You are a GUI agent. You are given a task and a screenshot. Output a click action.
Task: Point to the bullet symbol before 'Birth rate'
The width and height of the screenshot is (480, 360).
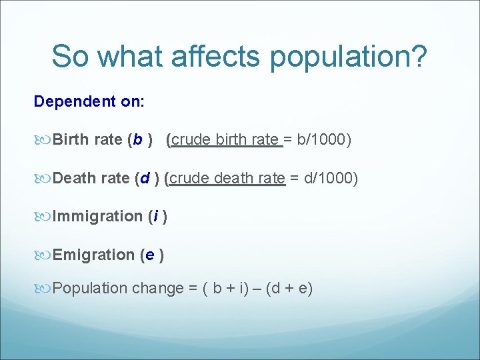44,140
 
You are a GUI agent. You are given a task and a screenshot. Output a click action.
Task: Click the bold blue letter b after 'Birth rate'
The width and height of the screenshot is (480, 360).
137,140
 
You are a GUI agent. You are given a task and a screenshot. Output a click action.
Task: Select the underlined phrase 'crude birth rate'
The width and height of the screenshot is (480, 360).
224,140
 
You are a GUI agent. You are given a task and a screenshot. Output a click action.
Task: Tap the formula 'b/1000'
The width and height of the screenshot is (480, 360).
322,140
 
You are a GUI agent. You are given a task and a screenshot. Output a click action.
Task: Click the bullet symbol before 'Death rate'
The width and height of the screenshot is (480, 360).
44,178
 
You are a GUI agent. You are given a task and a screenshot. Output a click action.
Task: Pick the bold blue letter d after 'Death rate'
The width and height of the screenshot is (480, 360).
145,178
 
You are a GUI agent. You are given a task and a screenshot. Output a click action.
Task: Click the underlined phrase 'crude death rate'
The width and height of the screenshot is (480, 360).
228,178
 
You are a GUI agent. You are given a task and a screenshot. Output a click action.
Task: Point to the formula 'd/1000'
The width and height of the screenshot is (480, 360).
329,178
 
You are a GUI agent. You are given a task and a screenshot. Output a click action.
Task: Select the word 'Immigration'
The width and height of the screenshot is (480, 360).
97,216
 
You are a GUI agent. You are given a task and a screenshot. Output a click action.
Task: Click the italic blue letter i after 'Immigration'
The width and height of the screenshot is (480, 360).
156,216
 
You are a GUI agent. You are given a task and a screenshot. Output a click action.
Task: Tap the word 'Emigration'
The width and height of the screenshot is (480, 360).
93,255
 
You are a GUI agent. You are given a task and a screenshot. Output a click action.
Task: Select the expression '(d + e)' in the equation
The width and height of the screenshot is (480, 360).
289,289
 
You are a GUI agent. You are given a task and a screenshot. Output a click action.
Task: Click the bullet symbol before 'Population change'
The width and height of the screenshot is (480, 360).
44,289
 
